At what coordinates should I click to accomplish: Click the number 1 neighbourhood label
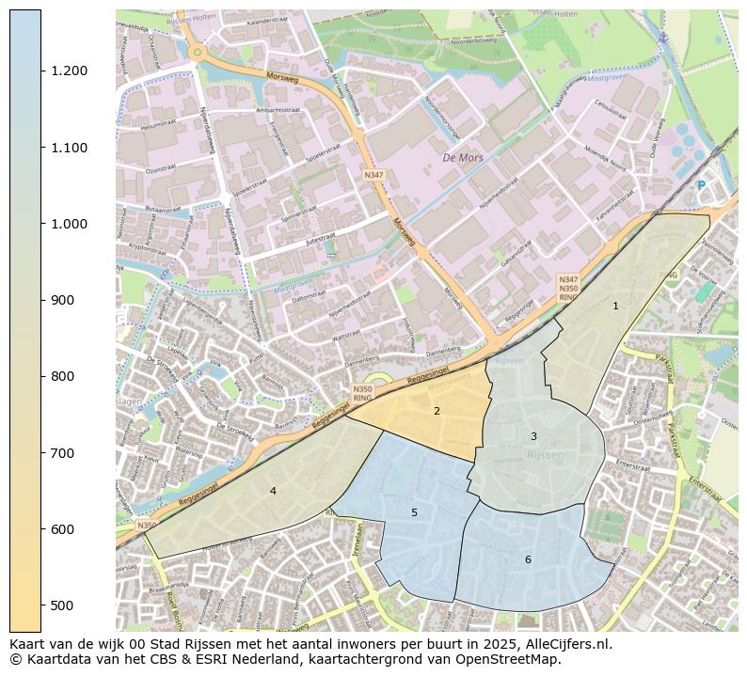click(x=615, y=306)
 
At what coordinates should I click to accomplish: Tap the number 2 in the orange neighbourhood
click(x=437, y=411)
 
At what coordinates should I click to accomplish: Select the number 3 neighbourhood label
click(x=533, y=436)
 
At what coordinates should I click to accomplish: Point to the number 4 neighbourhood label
click(x=273, y=491)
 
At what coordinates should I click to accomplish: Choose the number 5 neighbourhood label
click(x=414, y=512)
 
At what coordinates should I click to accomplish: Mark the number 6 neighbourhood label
click(x=528, y=559)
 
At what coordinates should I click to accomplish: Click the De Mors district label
click(x=463, y=158)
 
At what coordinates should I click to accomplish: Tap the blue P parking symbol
click(x=701, y=185)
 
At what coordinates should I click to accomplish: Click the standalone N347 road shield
click(x=374, y=175)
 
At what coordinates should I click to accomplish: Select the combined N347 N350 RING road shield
click(x=568, y=288)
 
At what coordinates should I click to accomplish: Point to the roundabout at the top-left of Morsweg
click(x=196, y=53)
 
